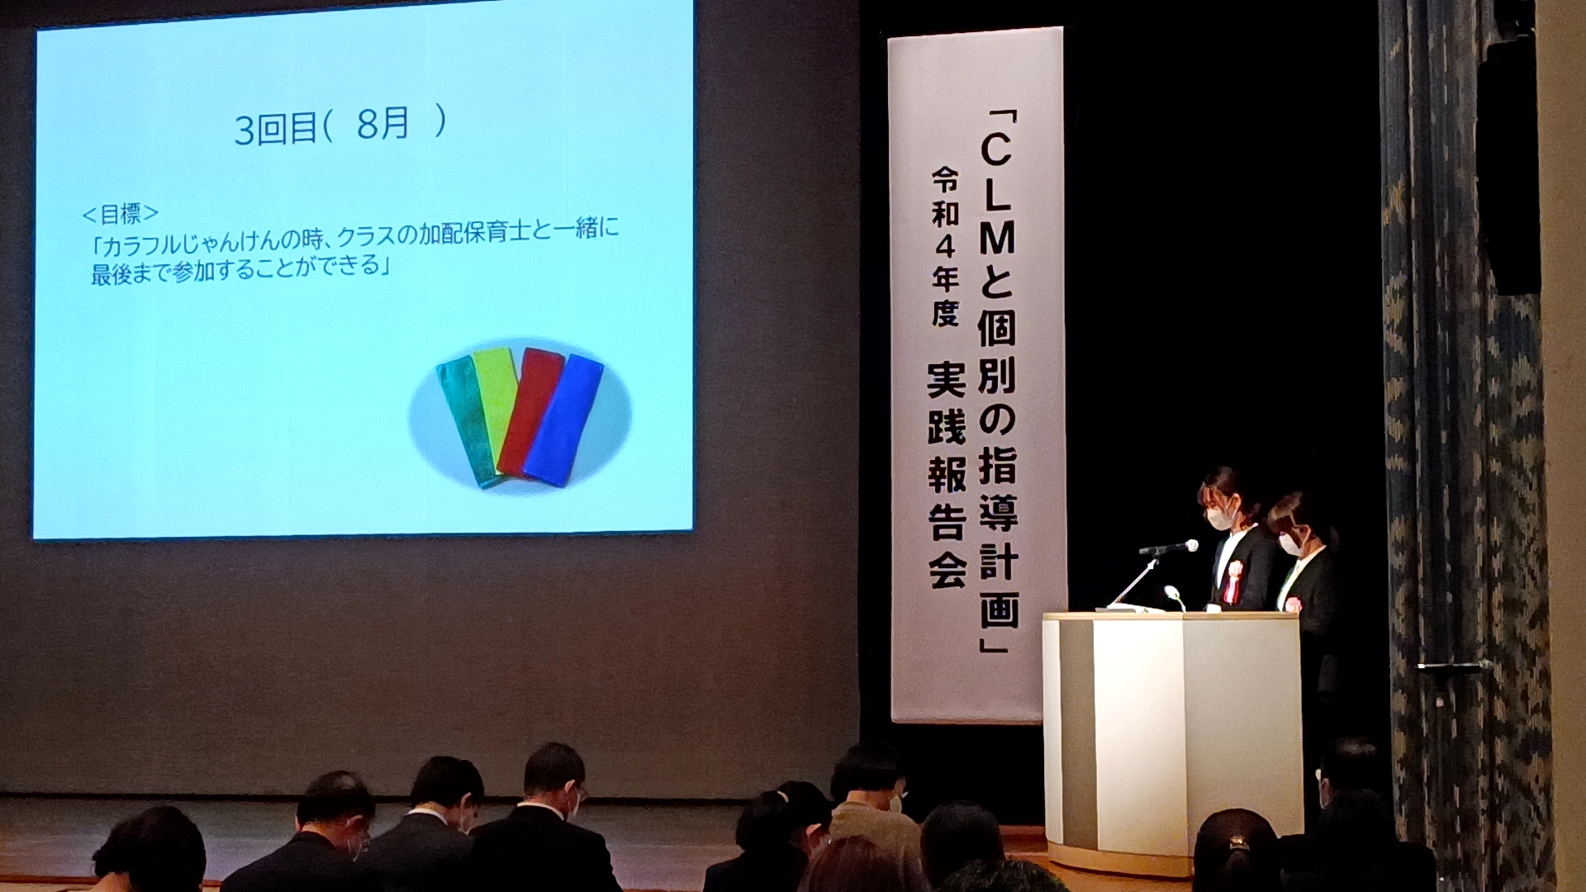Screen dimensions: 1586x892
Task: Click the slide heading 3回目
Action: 274,129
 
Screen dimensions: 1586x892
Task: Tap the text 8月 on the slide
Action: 382,124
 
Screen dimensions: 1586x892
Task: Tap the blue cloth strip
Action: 563,421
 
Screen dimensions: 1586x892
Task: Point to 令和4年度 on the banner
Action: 945,246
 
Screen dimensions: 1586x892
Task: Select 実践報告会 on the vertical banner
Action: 947,475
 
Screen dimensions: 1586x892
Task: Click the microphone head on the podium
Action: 1190,546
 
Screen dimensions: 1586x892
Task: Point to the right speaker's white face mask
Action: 1290,543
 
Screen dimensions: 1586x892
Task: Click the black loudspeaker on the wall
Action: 1508,165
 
